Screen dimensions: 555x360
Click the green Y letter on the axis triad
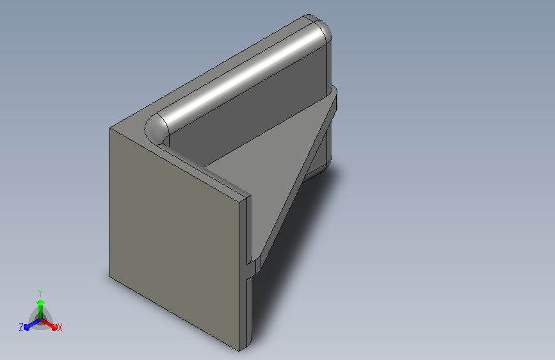(x=40, y=293)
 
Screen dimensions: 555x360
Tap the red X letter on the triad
(x=60, y=327)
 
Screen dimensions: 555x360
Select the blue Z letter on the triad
(x=21, y=327)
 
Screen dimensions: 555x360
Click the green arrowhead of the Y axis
(x=41, y=302)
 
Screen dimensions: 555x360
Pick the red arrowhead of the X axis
(x=54, y=327)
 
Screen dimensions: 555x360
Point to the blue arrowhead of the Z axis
(x=26, y=327)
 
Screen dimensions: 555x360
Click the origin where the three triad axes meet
(x=41, y=320)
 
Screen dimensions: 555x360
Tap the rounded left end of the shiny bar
(x=156, y=129)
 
